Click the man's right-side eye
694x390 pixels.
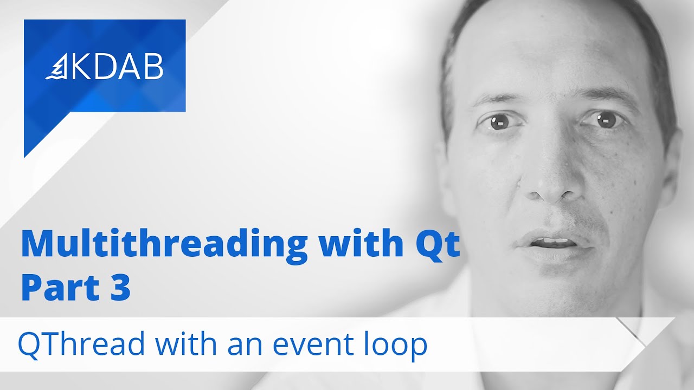606,120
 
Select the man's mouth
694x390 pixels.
553,243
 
